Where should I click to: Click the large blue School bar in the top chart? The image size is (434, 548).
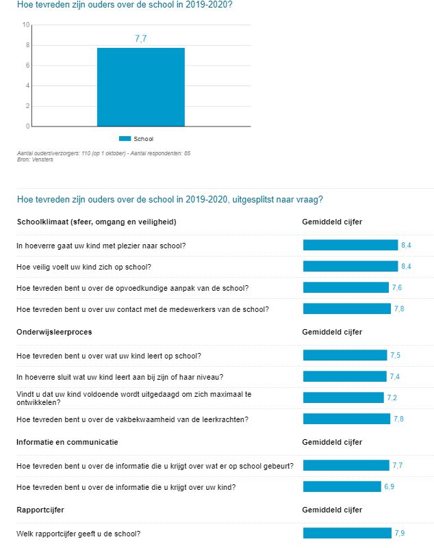coord(140,87)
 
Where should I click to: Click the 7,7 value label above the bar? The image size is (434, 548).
coord(140,39)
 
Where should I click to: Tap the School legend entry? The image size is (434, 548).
coord(136,139)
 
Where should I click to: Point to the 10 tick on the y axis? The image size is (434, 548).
coord(26,25)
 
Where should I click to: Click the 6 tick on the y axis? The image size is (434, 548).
coord(27,66)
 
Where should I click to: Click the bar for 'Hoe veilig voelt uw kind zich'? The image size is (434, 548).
coord(350,266)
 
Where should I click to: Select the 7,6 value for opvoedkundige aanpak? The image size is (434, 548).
coord(396,287)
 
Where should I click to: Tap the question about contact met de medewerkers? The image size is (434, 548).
coord(142,309)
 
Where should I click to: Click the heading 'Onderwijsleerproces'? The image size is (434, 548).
coord(54,332)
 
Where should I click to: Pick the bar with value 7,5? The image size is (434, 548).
coord(344,355)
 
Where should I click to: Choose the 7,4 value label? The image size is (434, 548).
coord(395,376)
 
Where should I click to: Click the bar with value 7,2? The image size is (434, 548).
coord(343,397)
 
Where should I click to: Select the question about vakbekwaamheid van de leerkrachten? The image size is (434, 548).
coord(142,419)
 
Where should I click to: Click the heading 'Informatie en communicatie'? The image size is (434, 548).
coord(67,442)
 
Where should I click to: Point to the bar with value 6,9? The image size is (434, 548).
coord(342,486)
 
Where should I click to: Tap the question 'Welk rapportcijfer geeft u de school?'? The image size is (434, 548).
coord(79,534)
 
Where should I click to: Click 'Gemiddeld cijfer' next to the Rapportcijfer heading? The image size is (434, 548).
coord(332,510)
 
